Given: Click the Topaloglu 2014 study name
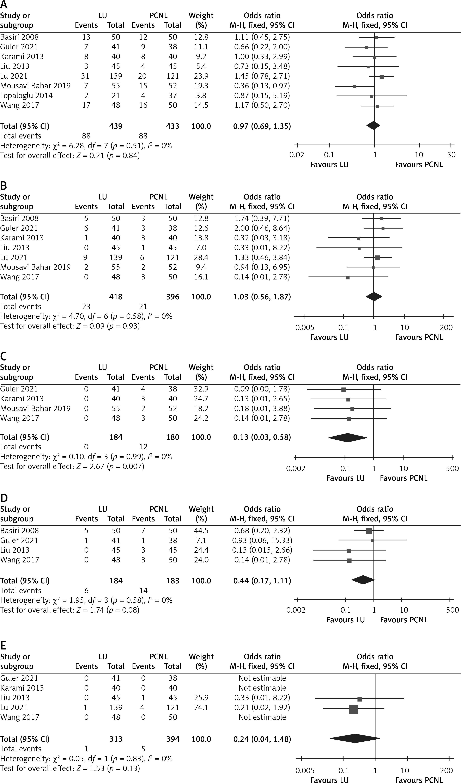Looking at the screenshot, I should pos(26,95).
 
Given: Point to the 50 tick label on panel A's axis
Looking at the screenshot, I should pos(451,155).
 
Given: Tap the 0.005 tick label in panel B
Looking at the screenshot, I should pos(305,327).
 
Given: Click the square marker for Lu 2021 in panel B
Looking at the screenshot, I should pos(377,258).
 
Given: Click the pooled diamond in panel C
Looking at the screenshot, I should pos(347,437).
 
